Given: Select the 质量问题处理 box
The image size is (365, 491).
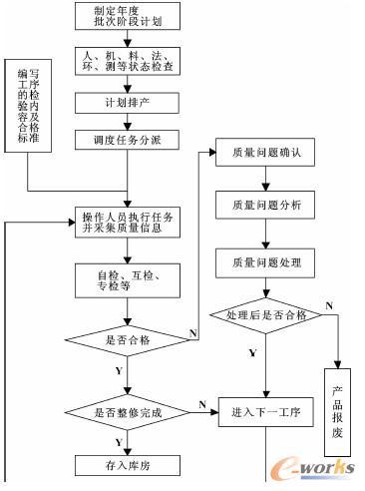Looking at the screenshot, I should [264, 264].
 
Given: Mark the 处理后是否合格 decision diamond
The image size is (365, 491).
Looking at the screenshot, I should [264, 315].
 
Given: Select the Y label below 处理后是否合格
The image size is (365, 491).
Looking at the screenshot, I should [251, 352].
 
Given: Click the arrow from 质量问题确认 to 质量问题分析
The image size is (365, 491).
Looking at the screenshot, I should [264, 181].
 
